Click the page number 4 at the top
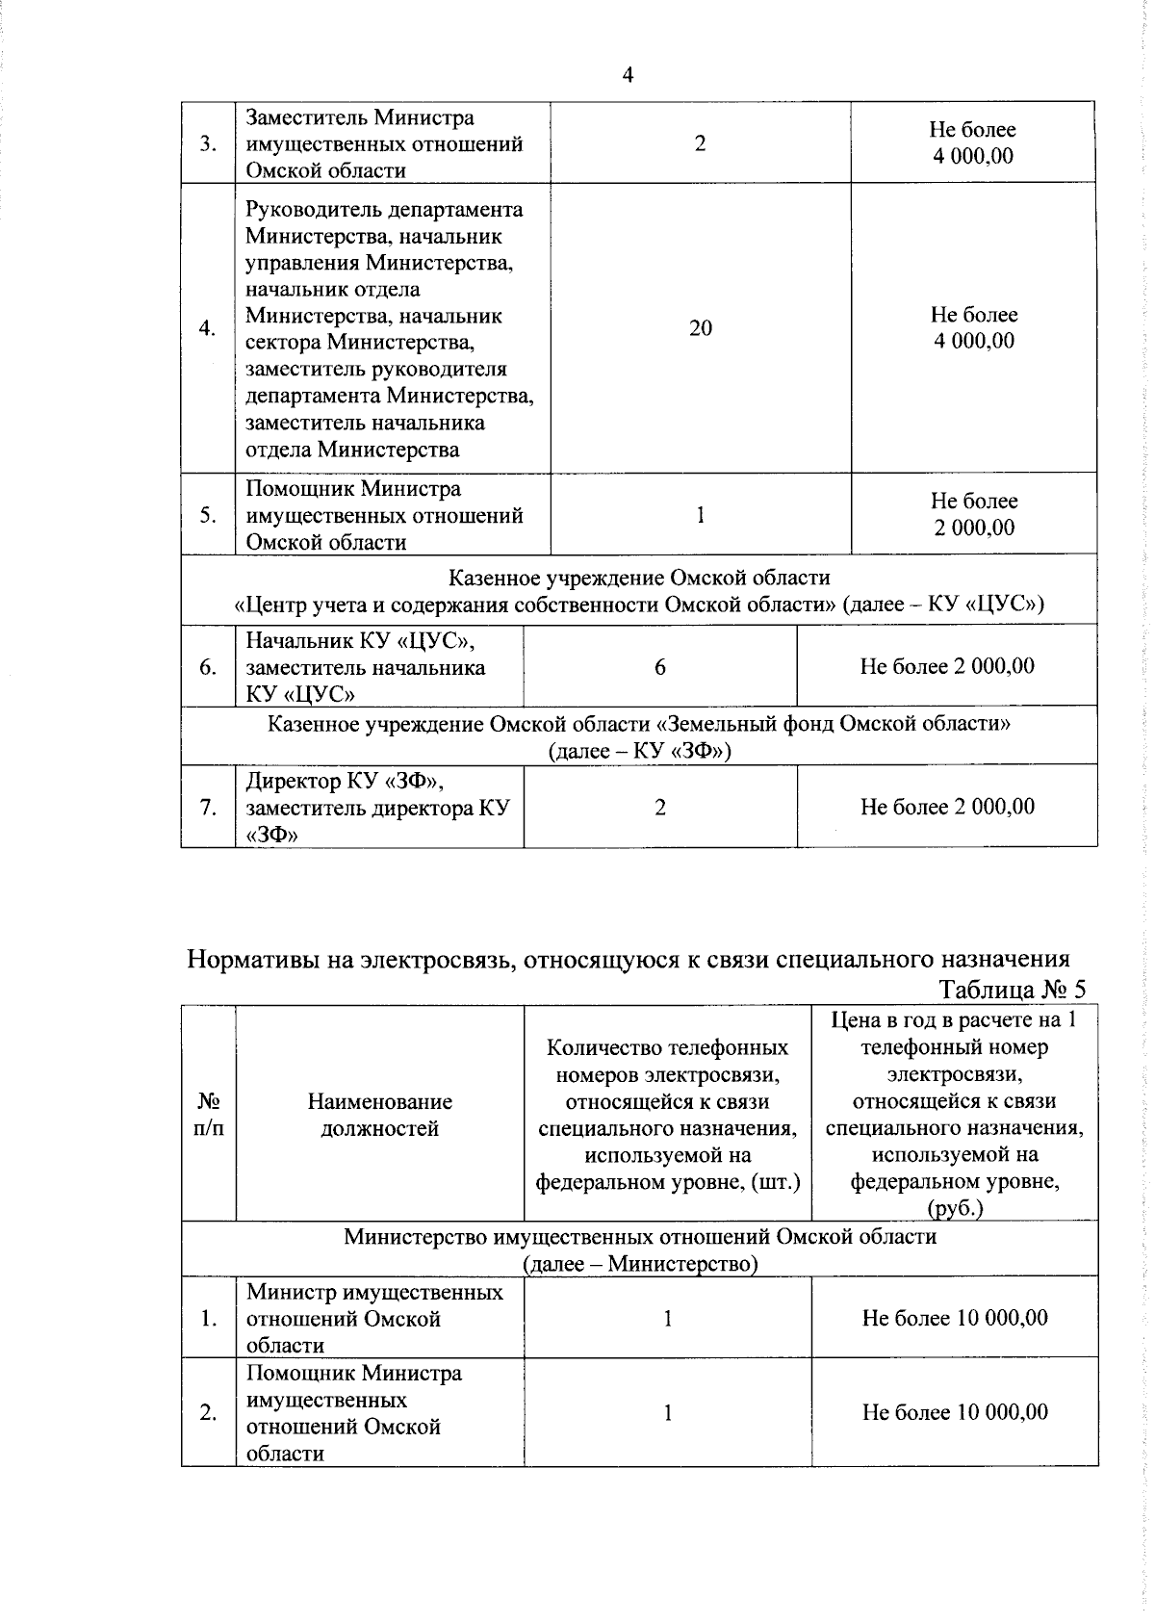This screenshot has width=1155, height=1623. [x=628, y=76]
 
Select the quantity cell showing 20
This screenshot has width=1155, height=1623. [x=700, y=328]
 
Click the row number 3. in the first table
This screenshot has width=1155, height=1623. [x=208, y=144]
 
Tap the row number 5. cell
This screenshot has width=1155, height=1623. [x=208, y=515]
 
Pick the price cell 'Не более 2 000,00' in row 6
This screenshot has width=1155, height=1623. [x=946, y=666]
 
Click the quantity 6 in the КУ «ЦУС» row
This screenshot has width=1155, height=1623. [x=659, y=666]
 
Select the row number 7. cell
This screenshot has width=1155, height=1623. [x=208, y=807]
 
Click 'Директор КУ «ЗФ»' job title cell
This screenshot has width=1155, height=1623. [x=378, y=807]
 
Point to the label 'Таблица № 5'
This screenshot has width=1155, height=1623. [x=1012, y=990]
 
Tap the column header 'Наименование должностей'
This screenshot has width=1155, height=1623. [x=379, y=1115]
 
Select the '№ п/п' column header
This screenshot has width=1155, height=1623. [x=208, y=1115]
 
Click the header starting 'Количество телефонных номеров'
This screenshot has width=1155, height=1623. [x=667, y=1115]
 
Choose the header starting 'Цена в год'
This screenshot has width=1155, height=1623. [x=954, y=1115]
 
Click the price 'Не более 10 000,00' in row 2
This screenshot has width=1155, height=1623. [x=954, y=1412]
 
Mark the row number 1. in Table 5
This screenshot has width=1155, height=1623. [x=208, y=1318]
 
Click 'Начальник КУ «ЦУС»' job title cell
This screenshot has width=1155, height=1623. [x=378, y=666]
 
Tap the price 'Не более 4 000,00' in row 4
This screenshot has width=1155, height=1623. [x=973, y=328]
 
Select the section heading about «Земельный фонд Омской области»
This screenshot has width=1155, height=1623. [x=638, y=736]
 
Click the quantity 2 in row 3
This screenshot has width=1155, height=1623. [x=700, y=144]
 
